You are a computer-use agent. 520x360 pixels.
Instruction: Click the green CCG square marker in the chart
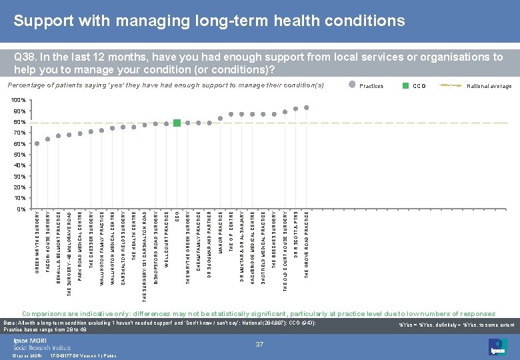coord(177,123)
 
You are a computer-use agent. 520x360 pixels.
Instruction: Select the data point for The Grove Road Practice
coord(306,107)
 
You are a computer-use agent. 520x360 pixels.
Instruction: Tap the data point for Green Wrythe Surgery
coord(37,143)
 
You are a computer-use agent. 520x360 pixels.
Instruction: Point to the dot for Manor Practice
coord(220,119)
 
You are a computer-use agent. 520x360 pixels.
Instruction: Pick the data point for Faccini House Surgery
coord(48,139)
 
